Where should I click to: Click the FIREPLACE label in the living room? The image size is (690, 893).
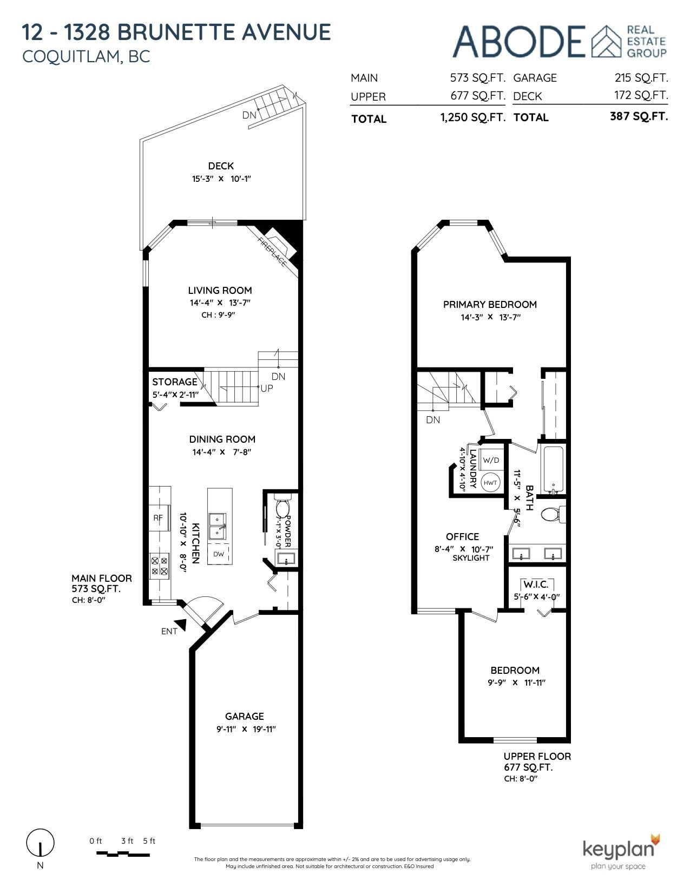click(272, 252)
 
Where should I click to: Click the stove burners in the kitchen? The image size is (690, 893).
click(160, 566)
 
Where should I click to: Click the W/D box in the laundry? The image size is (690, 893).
click(491, 460)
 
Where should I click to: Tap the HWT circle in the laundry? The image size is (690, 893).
click(490, 483)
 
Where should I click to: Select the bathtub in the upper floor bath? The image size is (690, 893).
click(554, 470)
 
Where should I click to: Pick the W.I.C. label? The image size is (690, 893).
click(536, 585)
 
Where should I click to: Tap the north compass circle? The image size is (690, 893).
click(40, 843)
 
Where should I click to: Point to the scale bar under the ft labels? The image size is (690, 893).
click(123, 854)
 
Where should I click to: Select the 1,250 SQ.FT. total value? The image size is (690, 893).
click(472, 117)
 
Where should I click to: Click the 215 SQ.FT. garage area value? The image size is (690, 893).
click(641, 78)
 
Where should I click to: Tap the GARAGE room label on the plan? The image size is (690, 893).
click(244, 716)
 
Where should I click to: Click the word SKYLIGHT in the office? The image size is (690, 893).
click(471, 558)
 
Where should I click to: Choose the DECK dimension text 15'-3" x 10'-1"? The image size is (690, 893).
click(221, 179)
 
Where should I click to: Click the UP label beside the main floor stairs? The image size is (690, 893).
click(267, 389)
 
